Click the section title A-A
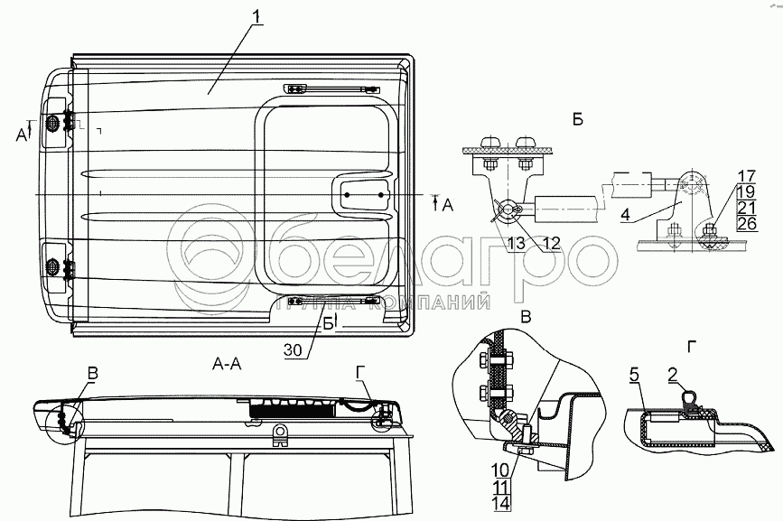[x=228, y=363]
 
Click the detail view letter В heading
[x=526, y=315]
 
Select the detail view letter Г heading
[x=691, y=348]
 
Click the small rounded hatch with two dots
[x=366, y=194]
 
